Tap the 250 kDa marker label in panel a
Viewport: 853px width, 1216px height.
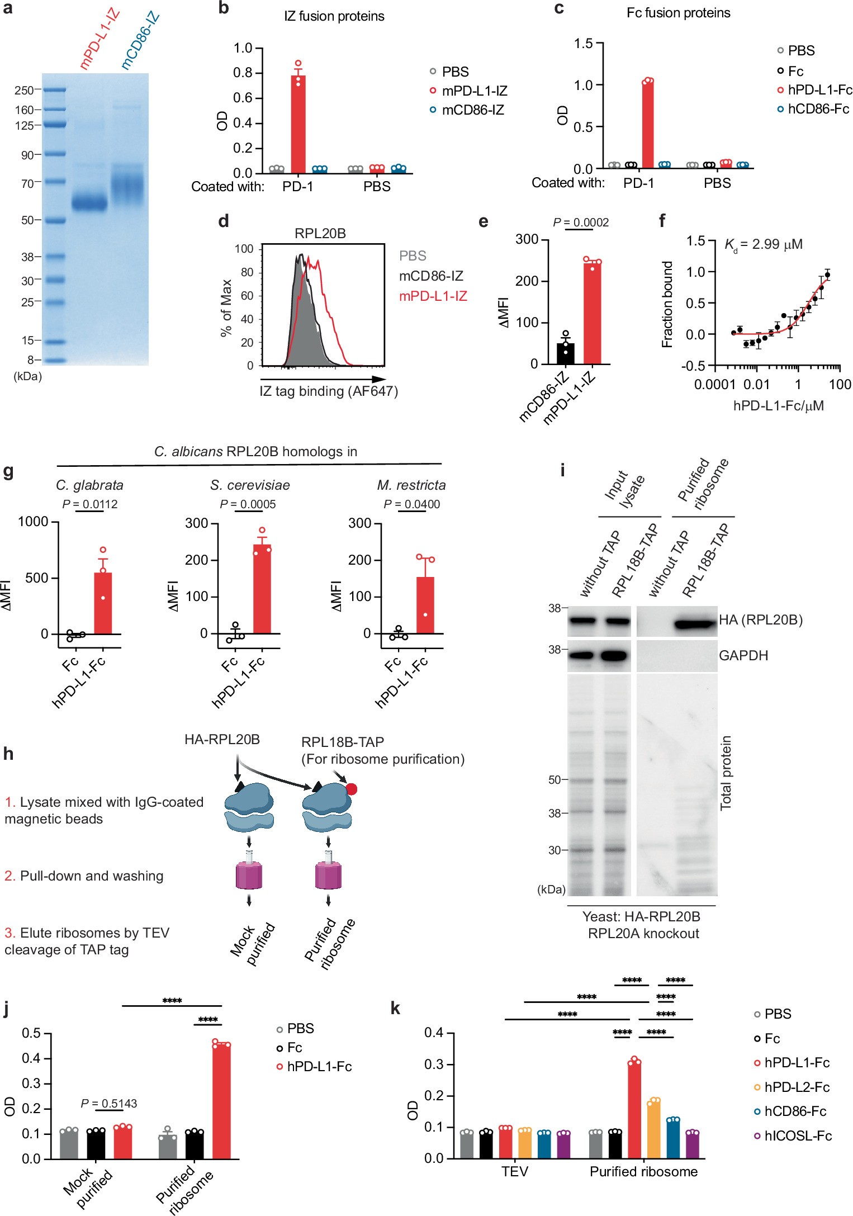coord(24,91)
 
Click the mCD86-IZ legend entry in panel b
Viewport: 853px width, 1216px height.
coord(472,110)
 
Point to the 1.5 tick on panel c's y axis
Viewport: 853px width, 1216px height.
coord(584,44)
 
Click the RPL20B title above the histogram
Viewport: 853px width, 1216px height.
coord(320,233)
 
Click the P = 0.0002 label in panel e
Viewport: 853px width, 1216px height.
coord(581,223)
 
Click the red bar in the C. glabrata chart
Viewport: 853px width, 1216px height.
coord(103,603)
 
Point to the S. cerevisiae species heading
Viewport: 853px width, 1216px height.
coord(250,485)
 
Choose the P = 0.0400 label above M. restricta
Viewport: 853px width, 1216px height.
coord(412,504)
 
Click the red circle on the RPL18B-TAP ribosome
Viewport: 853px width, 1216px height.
coord(352,789)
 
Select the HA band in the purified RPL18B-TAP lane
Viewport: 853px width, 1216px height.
coord(695,622)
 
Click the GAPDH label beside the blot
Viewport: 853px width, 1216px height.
coord(743,655)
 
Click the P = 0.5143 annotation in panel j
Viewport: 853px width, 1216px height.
coord(108,1103)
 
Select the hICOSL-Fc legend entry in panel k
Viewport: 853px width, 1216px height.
coord(798,1135)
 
